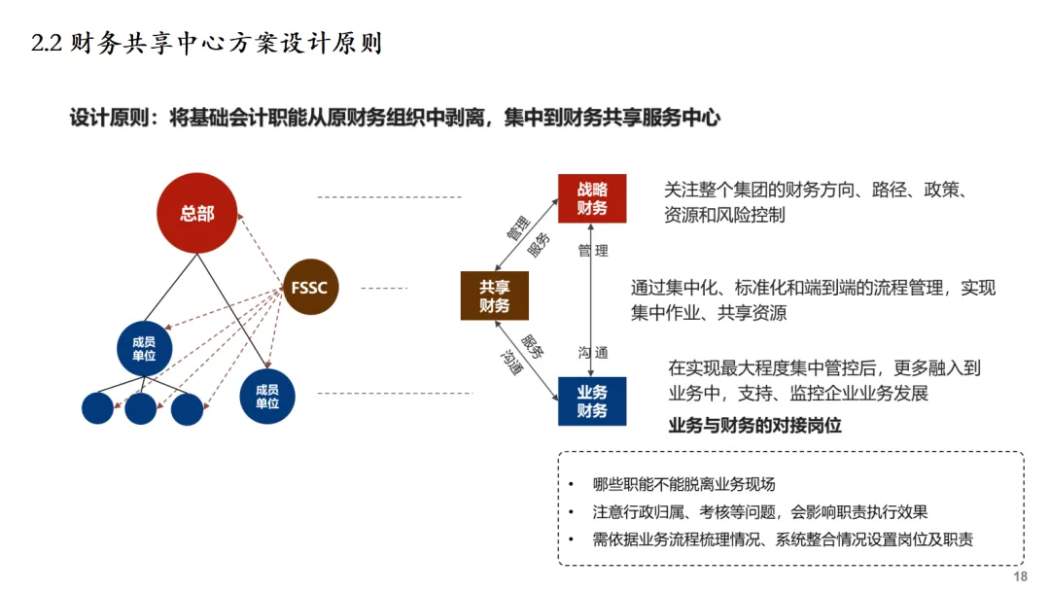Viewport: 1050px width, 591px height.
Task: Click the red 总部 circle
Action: pyautogui.click(x=197, y=214)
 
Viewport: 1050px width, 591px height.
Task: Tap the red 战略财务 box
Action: pyautogui.click(x=591, y=198)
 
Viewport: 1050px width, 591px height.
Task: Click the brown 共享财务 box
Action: pyautogui.click(x=494, y=296)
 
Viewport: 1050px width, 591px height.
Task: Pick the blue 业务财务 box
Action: pyautogui.click(x=592, y=401)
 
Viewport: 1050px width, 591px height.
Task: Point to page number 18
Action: pyautogui.click(x=1020, y=576)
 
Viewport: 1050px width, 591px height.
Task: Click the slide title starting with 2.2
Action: pyautogui.click(x=206, y=44)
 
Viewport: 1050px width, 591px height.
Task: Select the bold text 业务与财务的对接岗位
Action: pyautogui.click(x=754, y=426)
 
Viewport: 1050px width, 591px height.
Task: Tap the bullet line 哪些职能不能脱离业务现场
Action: pyautogui.click(x=683, y=484)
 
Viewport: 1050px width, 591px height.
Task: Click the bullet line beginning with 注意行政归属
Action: pyautogui.click(x=759, y=512)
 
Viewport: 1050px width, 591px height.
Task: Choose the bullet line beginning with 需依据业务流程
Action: pyautogui.click(x=783, y=539)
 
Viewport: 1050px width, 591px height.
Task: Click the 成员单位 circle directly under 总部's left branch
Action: pyautogui.click(x=144, y=347)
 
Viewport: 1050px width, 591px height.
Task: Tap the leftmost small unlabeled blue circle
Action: pyautogui.click(x=97, y=407)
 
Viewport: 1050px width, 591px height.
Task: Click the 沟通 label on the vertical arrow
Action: pyautogui.click(x=593, y=352)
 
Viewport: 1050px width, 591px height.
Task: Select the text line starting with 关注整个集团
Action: pyautogui.click(x=814, y=190)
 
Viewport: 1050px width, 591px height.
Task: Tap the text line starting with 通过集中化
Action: pyautogui.click(x=813, y=288)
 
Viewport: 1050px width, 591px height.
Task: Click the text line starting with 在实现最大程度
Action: pyautogui.click(x=824, y=367)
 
